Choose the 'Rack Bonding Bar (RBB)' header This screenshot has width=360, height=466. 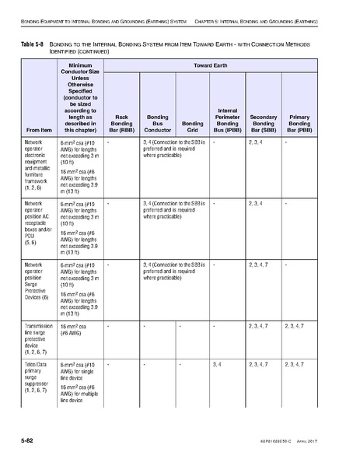(123, 122)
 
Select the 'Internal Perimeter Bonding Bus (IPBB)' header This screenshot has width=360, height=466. (227, 120)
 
